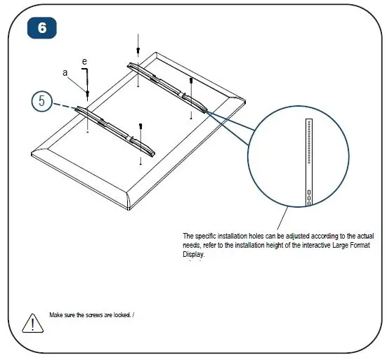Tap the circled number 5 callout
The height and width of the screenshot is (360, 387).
[x=41, y=101]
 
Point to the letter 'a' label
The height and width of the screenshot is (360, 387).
[x=66, y=72]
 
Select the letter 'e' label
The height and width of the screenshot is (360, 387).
[x=84, y=62]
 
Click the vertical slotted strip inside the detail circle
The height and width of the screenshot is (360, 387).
[x=308, y=161]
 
